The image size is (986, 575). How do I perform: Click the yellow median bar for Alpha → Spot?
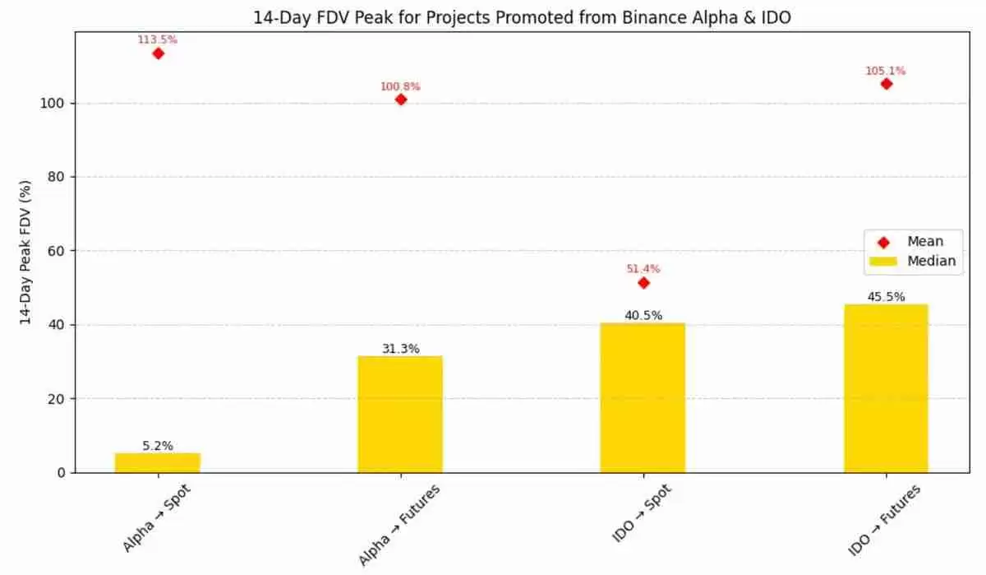(x=157, y=462)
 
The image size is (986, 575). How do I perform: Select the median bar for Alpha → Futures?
(x=400, y=414)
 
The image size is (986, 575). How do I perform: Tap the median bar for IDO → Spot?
(x=643, y=397)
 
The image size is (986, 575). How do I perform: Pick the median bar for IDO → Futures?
(x=886, y=388)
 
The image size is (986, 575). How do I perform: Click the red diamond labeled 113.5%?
(x=158, y=53)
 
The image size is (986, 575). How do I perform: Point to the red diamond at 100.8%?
(x=401, y=100)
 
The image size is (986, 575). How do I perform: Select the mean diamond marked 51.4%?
(x=643, y=283)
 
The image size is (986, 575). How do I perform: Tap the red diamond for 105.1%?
(x=886, y=84)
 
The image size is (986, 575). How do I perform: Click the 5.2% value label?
(x=157, y=446)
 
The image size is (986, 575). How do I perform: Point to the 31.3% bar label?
(x=400, y=349)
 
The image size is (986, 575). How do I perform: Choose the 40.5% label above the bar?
(x=643, y=315)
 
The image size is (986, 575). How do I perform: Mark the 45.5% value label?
(x=886, y=297)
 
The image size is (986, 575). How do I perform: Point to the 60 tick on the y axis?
(x=58, y=251)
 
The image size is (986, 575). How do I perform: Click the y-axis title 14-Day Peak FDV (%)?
(x=26, y=251)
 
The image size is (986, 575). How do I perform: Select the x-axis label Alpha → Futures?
(x=400, y=525)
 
